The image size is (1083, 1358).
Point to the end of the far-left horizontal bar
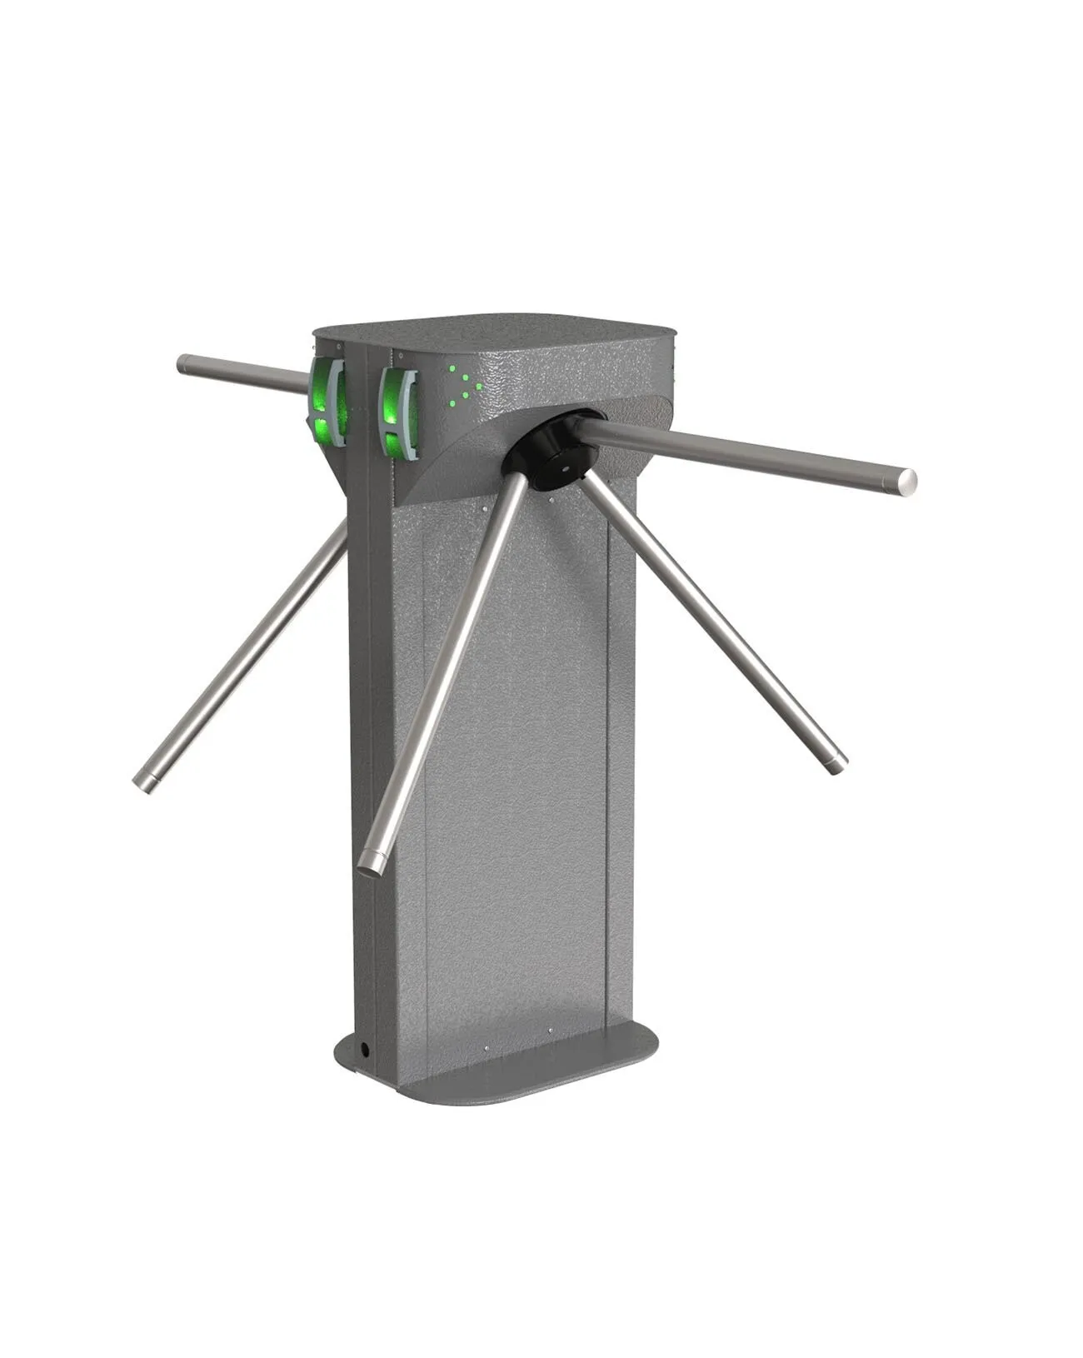tap(184, 363)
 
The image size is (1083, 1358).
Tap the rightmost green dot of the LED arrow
tap(478, 386)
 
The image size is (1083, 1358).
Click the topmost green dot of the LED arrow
tap(452, 367)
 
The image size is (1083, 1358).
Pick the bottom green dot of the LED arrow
tap(452, 404)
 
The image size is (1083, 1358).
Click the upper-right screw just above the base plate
tap(551, 1031)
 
